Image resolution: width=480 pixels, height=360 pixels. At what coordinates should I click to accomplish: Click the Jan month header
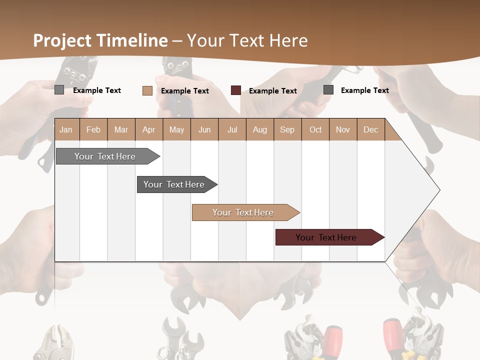click(66, 129)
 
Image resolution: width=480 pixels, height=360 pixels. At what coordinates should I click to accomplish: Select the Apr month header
click(148, 129)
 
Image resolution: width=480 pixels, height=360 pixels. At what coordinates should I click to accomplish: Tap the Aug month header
click(259, 129)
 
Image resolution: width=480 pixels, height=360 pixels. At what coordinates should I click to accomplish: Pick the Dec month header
click(370, 129)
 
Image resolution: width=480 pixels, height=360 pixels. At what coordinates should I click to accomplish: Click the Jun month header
click(204, 129)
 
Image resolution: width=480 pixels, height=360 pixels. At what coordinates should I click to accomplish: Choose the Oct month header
click(315, 129)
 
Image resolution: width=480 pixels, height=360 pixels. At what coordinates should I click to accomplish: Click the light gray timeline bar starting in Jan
click(105, 156)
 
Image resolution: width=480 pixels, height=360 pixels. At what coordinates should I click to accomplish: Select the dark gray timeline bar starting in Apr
click(174, 184)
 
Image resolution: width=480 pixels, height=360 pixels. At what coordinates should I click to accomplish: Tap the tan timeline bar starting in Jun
click(243, 212)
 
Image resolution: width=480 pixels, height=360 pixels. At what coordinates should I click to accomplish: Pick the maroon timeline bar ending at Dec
click(326, 237)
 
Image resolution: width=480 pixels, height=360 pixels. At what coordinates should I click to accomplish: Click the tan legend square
click(147, 90)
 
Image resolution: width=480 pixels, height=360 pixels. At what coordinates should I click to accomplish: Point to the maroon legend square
click(236, 90)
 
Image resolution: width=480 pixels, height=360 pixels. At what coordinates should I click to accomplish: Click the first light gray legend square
click(59, 90)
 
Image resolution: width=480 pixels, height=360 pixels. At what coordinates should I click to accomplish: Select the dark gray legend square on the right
click(328, 90)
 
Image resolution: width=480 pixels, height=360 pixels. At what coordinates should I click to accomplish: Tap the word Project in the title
click(62, 40)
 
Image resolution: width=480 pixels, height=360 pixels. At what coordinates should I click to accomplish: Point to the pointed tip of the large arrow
click(439, 190)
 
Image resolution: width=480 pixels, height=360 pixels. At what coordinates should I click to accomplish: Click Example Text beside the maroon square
click(272, 91)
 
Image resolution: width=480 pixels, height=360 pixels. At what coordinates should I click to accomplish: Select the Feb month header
click(93, 129)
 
